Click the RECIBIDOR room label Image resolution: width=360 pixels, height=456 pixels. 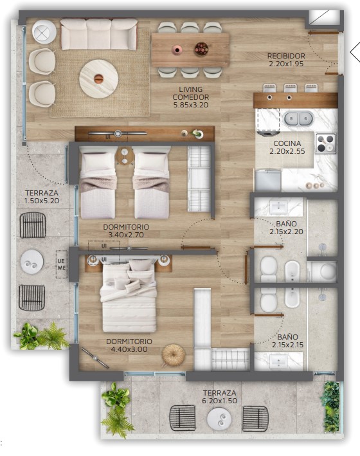click(286, 56)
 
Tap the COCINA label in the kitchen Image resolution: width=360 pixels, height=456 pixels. click(287, 143)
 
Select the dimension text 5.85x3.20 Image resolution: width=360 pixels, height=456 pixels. click(191, 105)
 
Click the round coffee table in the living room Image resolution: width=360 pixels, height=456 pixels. click(98, 78)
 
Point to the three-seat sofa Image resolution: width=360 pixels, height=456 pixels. click(99, 34)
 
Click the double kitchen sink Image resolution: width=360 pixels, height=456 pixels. click(298, 118)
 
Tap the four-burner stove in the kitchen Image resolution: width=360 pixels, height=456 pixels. click(325, 143)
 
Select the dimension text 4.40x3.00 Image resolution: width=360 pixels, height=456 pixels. click(129, 349)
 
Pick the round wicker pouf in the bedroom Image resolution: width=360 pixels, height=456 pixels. click(174, 355)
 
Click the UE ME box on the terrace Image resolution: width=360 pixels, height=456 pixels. click(61, 264)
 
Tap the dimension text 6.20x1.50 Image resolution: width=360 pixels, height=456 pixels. click(220, 401)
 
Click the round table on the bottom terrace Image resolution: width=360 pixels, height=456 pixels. click(219, 419)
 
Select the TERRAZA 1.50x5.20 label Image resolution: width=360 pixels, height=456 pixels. click(42, 197)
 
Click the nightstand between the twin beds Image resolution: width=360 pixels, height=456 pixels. click(125, 156)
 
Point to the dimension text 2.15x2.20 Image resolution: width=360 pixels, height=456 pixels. click(286, 232)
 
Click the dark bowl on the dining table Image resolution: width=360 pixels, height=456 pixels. click(201, 49)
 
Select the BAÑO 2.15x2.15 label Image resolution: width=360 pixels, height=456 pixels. click(287, 341)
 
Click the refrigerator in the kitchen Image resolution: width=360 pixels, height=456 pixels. click(268, 180)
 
